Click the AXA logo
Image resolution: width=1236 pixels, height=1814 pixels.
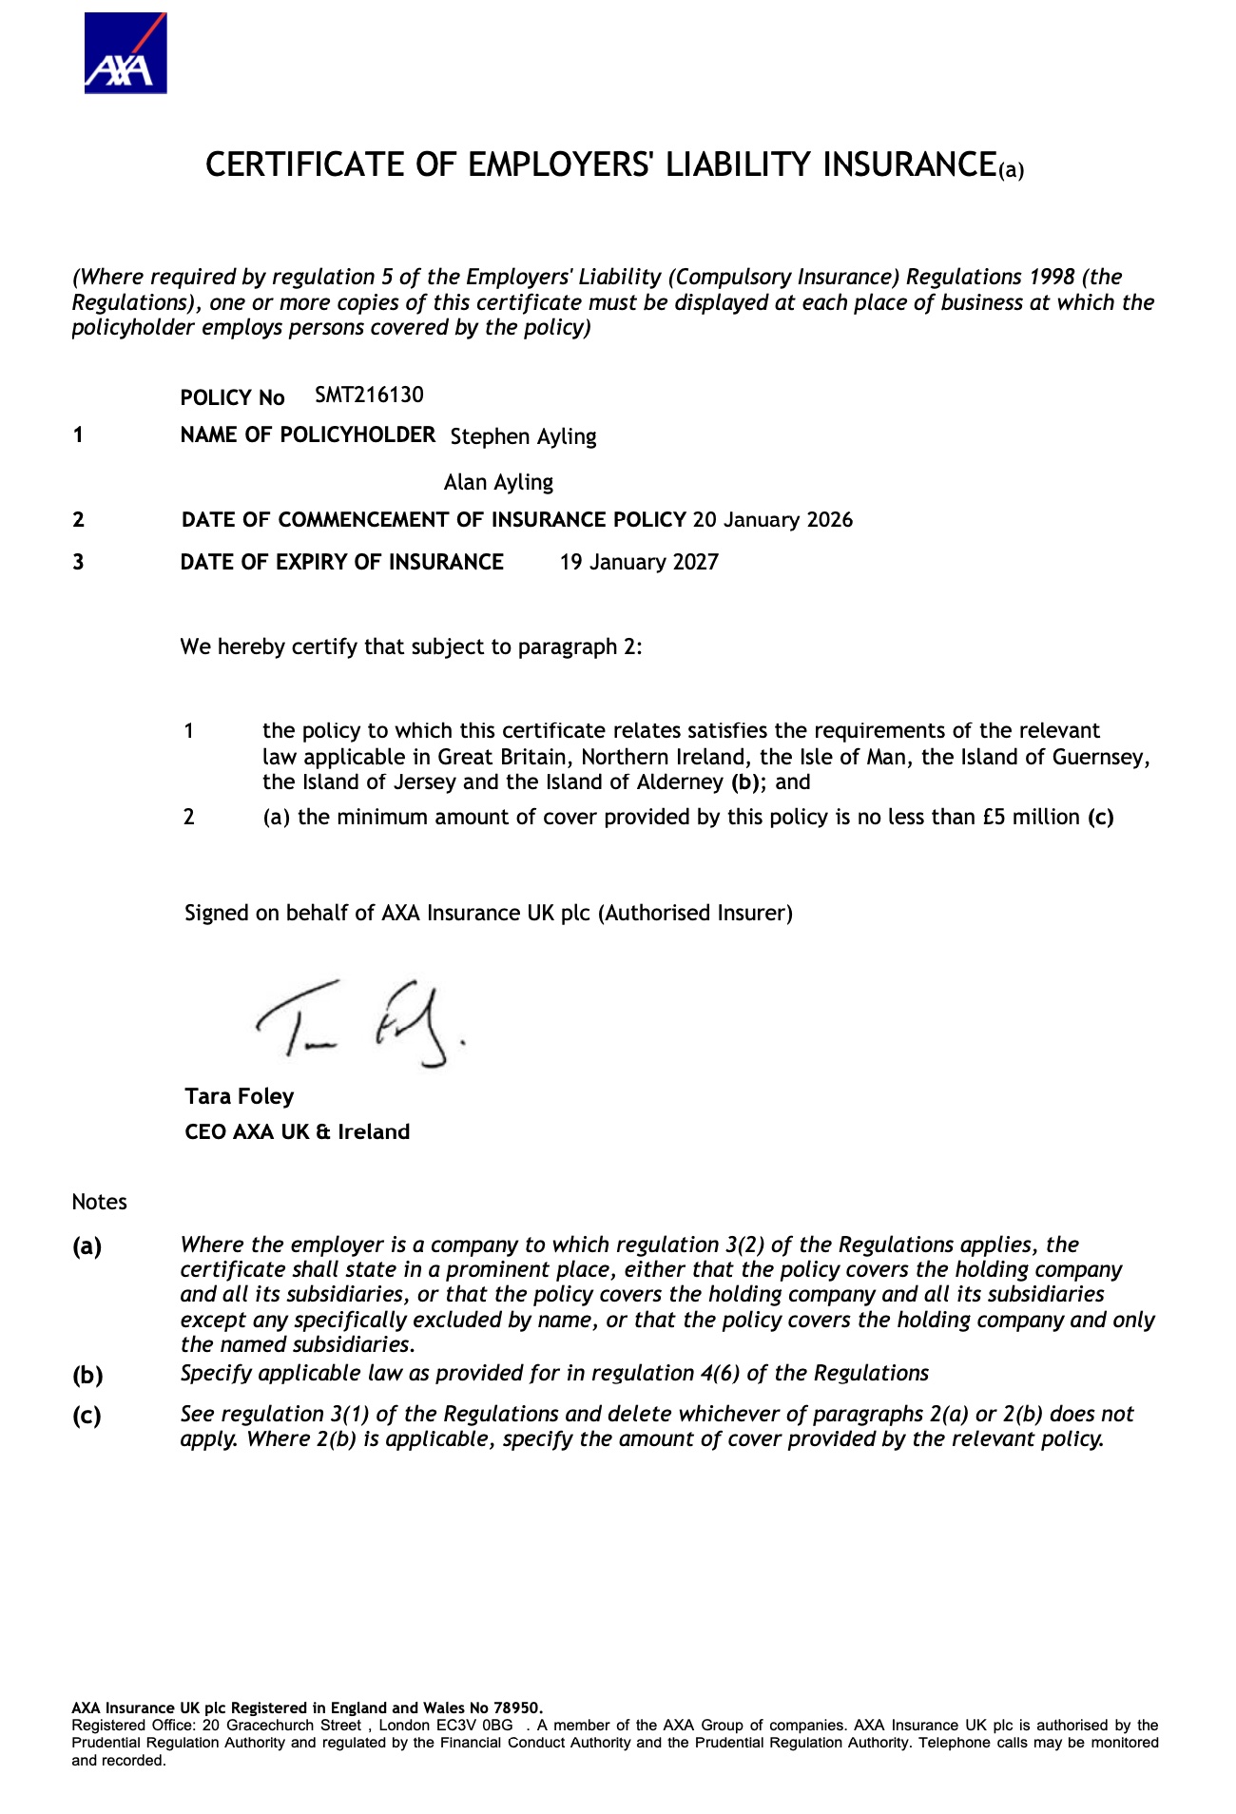pos(126,53)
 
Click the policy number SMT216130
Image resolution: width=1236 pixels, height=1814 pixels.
pos(369,395)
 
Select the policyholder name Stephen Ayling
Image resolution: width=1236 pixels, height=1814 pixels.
pos(523,436)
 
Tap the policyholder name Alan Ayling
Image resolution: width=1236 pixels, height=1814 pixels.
pos(498,482)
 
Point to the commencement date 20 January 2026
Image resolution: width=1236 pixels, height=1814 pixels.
pos(772,520)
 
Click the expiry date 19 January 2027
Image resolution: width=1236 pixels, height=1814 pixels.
pos(639,562)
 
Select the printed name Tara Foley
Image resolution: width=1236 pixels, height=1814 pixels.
pos(240,1096)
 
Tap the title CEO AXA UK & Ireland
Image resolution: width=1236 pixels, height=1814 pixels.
pos(298,1131)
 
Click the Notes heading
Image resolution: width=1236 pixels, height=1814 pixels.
pos(99,1202)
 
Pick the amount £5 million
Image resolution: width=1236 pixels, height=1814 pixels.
pos(1032,817)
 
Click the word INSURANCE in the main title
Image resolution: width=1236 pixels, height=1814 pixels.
pos(908,164)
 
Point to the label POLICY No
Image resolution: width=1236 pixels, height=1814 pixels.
pos(233,397)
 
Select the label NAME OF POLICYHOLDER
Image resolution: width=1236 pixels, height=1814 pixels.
pos(308,434)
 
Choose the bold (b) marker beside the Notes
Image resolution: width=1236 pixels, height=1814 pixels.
pos(87,1375)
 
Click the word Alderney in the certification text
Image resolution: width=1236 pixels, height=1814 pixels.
pos(682,782)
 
